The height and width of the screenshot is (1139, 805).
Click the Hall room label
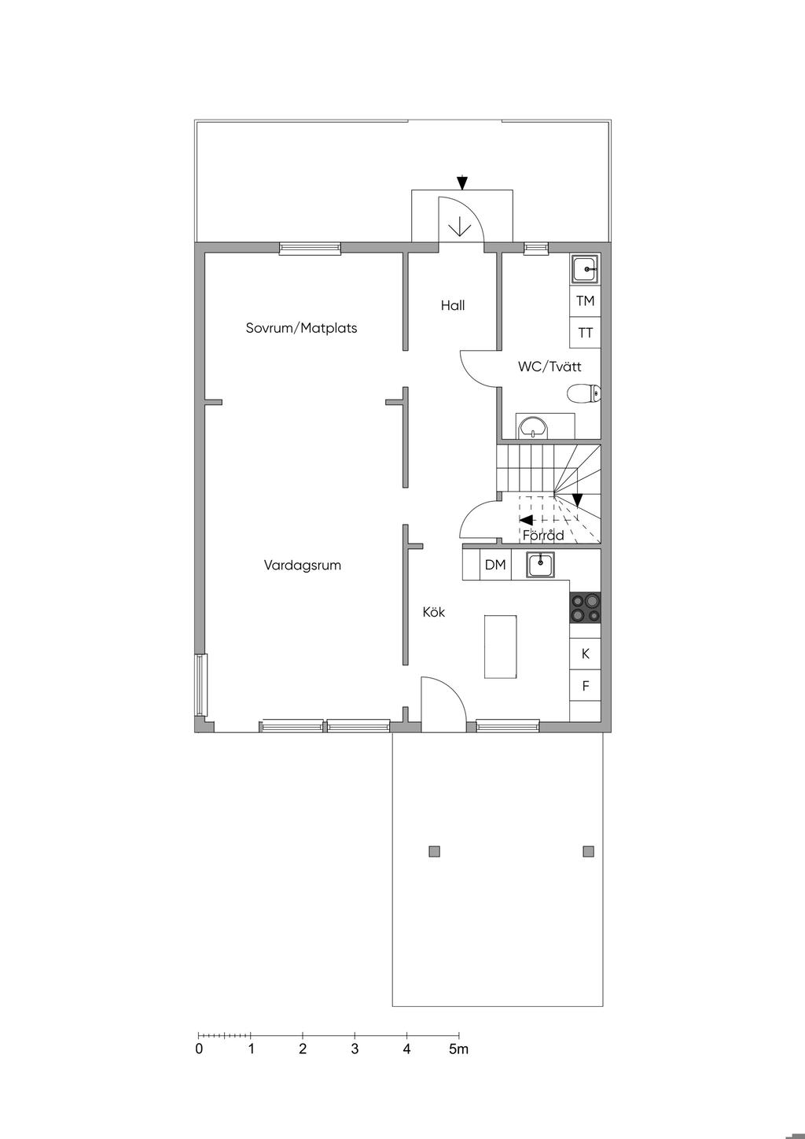tap(452, 306)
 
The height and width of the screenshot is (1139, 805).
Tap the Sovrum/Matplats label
tap(301, 328)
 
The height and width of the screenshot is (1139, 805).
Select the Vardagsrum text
tap(303, 566)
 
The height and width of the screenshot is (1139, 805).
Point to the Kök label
tap(433, 612)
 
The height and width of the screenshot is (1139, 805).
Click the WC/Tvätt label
tap(550, 367)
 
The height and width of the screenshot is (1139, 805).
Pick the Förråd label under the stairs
tap(543, 535)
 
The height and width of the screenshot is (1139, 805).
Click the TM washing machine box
tap(585, 301)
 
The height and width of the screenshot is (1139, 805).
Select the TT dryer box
tap(585, 333)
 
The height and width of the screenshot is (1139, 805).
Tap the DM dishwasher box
tap(495, 564)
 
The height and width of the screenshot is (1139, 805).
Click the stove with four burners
tap(585, 607)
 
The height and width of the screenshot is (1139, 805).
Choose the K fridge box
tap(585, 654)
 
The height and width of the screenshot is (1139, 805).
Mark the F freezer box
tap(585, 686)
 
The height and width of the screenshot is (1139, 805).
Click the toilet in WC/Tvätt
tap(583, 393)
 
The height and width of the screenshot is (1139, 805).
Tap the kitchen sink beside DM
tap(541, 564)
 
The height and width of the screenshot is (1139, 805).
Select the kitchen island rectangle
tap(501, 647)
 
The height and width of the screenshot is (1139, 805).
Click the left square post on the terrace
tap(435, 851)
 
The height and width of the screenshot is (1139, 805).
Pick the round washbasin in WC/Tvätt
tap(532, 427)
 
